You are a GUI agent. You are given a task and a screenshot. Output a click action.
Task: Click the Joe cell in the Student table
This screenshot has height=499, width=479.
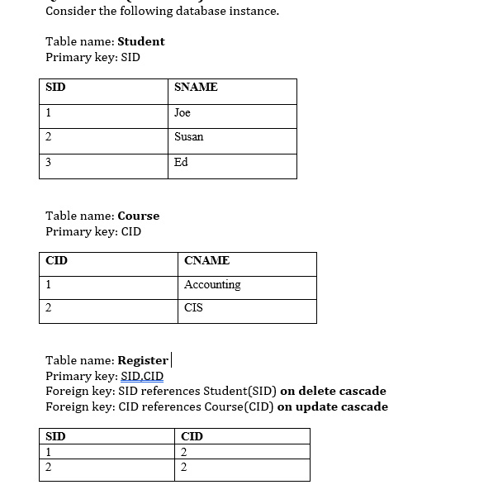[x=183, y=112]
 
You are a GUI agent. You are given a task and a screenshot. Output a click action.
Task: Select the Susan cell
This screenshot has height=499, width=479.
[x=188, y=137]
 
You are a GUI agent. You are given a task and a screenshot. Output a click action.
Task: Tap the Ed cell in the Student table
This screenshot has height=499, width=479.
[x=181, y=162]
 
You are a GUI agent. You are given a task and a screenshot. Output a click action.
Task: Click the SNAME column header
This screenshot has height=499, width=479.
[x=196, y=88]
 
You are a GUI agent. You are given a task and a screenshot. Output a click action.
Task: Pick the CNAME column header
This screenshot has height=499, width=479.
[x=206, y=261]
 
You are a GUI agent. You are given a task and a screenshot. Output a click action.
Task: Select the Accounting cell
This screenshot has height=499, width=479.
[x=212, y=285]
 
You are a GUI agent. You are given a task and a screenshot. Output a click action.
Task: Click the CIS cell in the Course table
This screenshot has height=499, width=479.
[x=193, y=308]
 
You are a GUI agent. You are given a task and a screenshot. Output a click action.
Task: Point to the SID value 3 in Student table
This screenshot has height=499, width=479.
[x=49, y=162]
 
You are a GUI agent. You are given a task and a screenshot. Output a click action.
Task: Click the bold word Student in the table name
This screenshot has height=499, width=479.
[x=141, y=41]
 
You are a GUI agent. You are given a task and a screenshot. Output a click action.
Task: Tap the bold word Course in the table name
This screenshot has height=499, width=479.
[x=139, y=216]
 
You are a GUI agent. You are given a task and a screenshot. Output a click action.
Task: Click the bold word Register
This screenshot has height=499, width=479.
[x=143, y=360]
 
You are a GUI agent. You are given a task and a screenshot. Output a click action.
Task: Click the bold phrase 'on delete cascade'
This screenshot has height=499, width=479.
[x=333, y=391]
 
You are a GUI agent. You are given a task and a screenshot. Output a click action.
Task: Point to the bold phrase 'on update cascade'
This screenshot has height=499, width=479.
[x=332, y=406]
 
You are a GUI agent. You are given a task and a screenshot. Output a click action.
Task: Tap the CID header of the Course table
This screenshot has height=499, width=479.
[x=56, y=261]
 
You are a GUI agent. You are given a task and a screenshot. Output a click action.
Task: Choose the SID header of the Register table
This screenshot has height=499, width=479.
[x=55, y=436]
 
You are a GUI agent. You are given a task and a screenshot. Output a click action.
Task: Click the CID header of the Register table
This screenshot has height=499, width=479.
[x=192, y=436]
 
